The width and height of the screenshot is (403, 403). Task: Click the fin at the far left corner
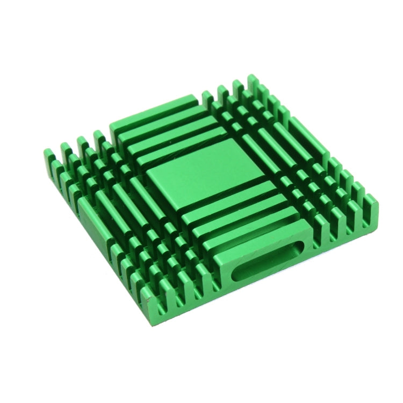[x=48, y=156]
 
